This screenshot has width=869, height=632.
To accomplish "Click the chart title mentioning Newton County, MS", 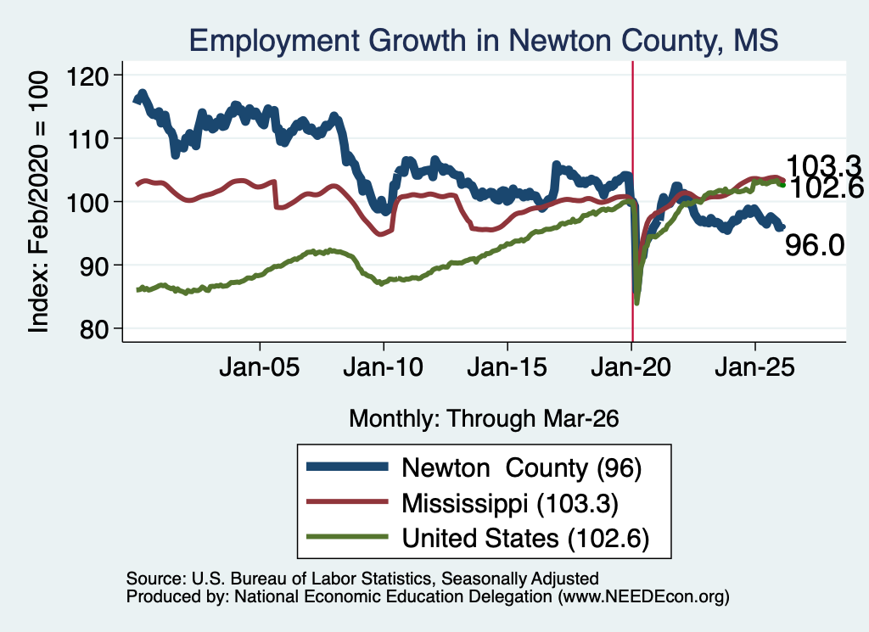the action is (483, 41).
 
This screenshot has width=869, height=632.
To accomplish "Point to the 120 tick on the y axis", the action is (87, 76).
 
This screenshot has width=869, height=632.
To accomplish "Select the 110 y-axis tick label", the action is (87, 139).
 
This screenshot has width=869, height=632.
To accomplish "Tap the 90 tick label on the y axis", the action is (93, 266).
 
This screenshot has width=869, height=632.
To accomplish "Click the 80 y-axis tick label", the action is (93, 329).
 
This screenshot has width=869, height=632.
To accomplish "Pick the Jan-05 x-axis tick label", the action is (260, 367).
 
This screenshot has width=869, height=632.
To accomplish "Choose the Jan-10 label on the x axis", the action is (383, 367).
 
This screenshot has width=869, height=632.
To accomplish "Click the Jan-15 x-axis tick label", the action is (507, 367).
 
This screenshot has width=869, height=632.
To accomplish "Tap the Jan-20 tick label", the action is (631, 367).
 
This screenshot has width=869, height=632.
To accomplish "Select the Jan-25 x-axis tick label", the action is (754, 367).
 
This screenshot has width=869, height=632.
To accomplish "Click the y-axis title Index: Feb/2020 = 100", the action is (38, 202).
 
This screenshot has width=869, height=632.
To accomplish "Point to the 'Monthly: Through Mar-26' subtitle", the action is (484, 419).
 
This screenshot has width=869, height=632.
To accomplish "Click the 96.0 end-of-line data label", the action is (814, 245).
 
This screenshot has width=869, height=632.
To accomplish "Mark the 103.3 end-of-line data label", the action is (822, 165).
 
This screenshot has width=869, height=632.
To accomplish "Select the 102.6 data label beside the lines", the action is (825, 188).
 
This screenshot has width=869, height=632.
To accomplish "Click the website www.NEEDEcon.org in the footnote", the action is (643, 596).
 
